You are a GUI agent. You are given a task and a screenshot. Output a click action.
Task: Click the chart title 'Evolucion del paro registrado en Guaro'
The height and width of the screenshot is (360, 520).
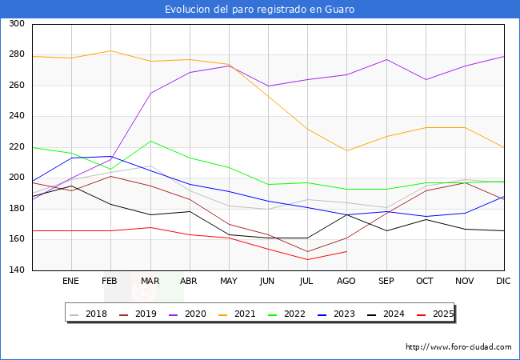tap(260, 10)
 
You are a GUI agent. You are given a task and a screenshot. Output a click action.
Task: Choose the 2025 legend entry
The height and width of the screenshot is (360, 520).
tap(442, 314)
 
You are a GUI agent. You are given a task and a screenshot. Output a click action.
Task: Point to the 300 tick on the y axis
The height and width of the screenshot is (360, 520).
tap(16, 24)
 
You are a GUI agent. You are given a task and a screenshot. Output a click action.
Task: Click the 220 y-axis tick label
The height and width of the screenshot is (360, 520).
tap(16, 147)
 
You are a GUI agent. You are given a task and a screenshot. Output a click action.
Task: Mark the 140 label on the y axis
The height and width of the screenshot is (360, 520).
tap(16, 270)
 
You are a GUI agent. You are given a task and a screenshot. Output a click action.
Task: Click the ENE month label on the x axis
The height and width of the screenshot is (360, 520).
tap(71, 281)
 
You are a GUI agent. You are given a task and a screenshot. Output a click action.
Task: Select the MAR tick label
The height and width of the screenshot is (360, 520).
tap(150, 281)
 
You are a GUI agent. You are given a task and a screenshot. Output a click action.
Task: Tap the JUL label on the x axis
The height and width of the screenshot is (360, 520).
tap(307, 281)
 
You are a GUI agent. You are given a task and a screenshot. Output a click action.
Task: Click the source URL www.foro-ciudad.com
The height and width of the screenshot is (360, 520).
tap(458, 347)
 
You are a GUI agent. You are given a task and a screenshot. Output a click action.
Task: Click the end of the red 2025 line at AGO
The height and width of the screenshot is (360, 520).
tap(346, 251)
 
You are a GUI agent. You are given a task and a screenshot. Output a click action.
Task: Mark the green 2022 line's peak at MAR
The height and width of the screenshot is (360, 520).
tap(150, 141)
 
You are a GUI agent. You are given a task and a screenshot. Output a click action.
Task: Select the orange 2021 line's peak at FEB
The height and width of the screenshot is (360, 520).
tap(110, 50)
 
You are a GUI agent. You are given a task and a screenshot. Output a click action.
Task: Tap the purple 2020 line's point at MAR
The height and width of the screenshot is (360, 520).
tap(150, 93)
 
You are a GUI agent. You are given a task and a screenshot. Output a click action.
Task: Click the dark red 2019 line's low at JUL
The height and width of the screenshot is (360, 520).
tap(307, 251)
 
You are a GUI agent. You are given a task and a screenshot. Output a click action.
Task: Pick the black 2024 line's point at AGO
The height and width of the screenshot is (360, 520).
tap(346, 214)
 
